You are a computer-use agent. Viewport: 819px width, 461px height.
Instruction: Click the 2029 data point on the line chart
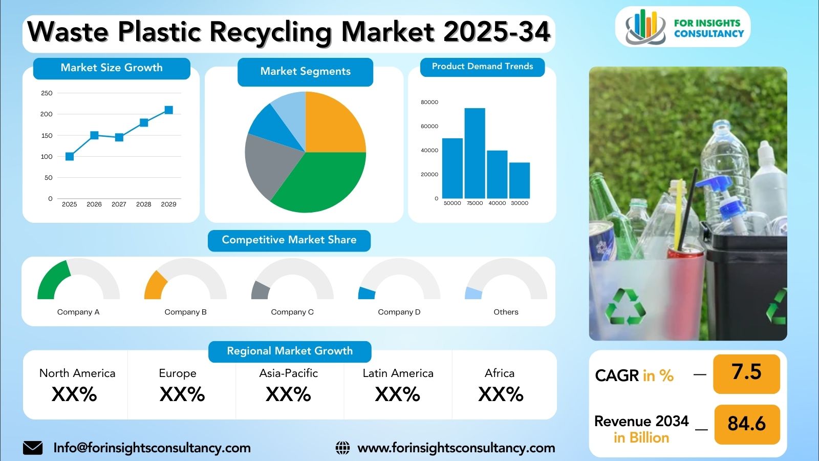point(168,110)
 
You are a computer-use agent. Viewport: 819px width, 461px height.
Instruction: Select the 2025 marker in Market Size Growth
point(70,157)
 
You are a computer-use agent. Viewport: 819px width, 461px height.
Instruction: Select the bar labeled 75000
point(475,153)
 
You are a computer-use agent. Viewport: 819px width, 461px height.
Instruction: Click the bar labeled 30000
point(519,181)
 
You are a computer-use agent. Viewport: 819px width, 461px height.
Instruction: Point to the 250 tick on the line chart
point(47,93)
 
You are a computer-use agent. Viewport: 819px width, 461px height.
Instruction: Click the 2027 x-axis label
point(119,204)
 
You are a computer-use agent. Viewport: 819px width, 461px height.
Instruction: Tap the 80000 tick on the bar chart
point(429,102)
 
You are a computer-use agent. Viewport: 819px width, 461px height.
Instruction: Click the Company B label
point(185,312)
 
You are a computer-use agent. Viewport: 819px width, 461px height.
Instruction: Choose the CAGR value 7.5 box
point(747,373)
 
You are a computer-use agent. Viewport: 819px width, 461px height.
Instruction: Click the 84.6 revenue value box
point(747,425)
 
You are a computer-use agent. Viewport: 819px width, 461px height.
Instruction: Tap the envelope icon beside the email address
point(33,448)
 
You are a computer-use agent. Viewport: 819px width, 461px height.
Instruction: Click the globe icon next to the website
point(342,448)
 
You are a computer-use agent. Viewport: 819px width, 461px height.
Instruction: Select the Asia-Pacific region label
point(289,373)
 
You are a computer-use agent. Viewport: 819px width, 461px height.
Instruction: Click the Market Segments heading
point(305,71)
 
